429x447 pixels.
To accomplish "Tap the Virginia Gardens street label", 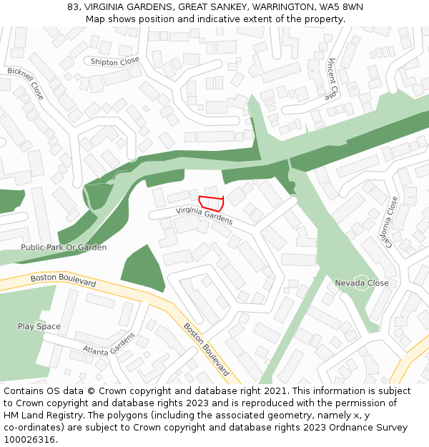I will (204, 215).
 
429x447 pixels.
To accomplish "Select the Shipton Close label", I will (115, 62).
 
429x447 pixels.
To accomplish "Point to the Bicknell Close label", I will (26, 83).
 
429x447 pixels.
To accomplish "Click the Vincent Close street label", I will (331, 79).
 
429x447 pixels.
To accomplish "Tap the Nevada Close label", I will (362, 283).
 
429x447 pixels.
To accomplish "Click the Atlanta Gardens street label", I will (109, 345).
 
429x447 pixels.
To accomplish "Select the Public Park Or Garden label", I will (64, 247).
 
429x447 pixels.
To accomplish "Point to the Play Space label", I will (39, 327).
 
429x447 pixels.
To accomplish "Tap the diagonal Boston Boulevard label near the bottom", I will (207, 350).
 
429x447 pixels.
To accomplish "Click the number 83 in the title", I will (73, 7).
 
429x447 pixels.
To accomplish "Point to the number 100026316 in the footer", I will (29, 440).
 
